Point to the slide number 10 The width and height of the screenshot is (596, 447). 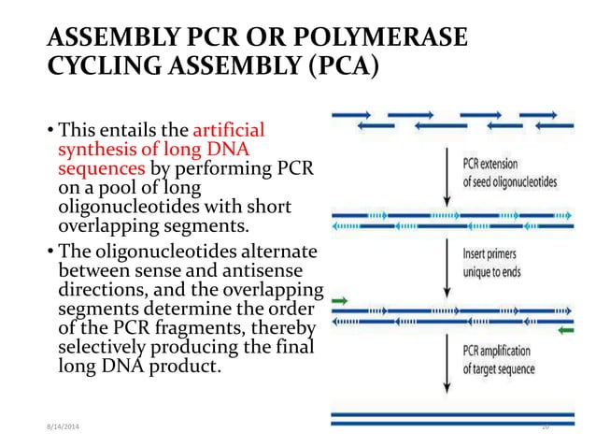coord(546,428)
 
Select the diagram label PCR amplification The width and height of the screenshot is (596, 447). coord(498,353)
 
